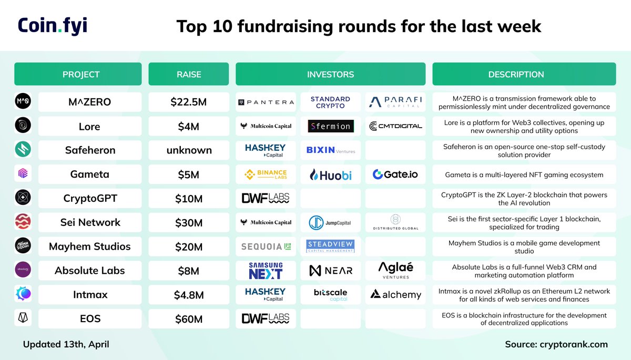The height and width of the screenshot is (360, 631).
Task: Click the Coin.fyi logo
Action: click(53, 26)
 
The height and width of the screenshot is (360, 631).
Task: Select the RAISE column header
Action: click(188, 74)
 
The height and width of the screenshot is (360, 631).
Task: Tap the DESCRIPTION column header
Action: click(524, 74)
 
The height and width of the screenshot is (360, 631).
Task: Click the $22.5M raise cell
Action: click(188, 102)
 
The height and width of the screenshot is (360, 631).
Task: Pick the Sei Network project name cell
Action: click(90, 222)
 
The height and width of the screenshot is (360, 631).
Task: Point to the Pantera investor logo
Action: click(266, 102)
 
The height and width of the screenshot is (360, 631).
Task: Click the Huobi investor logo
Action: click(330, 174)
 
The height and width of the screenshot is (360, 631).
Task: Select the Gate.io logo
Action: click(395, 174)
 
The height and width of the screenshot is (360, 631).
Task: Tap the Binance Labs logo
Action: click(266, 174)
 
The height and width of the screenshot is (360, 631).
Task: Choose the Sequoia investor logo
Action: click(266, 246)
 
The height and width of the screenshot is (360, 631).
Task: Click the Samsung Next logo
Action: click(266, 271)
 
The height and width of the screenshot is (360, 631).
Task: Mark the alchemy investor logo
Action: click(395, 294)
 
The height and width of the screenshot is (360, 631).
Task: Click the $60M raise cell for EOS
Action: click(188, 318)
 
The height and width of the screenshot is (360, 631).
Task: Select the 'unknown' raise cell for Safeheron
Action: click(188, 150)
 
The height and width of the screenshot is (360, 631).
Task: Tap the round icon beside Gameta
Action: click(23, 174)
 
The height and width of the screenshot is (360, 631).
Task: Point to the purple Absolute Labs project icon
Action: click(23, 270)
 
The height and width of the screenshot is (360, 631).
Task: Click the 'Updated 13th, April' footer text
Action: click(66, 345)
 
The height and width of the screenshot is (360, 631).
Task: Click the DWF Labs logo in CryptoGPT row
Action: click(266, 198)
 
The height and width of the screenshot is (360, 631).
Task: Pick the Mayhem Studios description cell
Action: click(524, 246)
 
